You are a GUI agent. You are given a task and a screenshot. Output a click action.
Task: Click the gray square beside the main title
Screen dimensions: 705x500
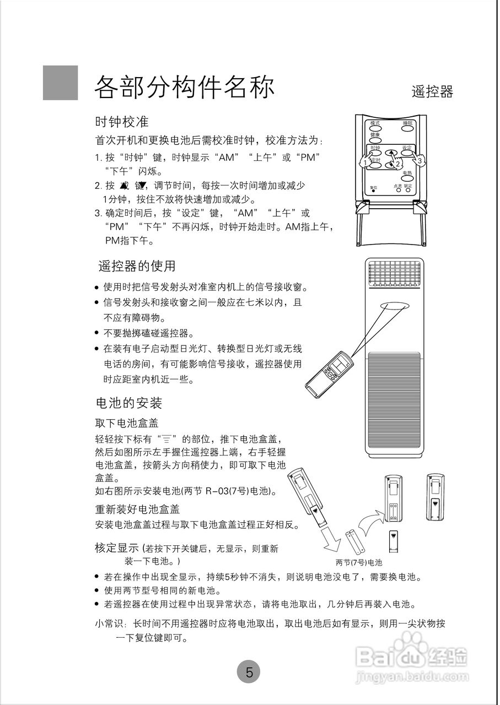click(60, 83)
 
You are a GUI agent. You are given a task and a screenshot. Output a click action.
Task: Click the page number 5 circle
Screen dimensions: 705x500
click(249, 672)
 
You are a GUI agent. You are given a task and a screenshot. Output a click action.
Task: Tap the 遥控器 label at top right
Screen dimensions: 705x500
click(432, 92)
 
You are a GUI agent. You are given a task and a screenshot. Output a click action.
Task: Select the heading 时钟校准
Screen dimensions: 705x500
click(122, 121)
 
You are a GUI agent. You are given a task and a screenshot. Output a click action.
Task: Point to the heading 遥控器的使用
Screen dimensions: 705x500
click(137, 266)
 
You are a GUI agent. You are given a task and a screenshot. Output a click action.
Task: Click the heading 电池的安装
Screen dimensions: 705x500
click(129, 403)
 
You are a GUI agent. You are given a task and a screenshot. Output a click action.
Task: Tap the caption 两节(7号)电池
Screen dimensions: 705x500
click(359, 563)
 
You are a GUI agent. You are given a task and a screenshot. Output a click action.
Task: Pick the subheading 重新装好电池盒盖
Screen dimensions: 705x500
click(138, 509)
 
